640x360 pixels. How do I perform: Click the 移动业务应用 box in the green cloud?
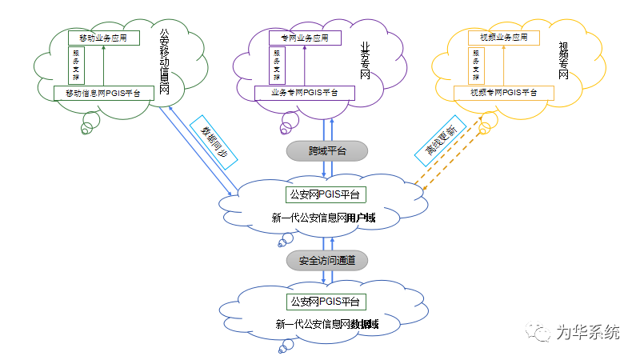point(102,38)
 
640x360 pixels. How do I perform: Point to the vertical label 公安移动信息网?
point(165,62)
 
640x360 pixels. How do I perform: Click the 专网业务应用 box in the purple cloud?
point(298,38)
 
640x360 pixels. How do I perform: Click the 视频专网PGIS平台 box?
point(503,93)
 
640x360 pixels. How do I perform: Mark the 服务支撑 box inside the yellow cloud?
point(477,66)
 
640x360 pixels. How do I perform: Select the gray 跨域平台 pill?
point(326,150)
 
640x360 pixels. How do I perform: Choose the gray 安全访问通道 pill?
point(326,260)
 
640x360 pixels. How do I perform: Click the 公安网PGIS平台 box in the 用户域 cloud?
point(326,194)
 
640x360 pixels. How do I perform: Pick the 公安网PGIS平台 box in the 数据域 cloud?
point(326,302)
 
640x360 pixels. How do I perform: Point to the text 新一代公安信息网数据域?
point(326,325)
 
